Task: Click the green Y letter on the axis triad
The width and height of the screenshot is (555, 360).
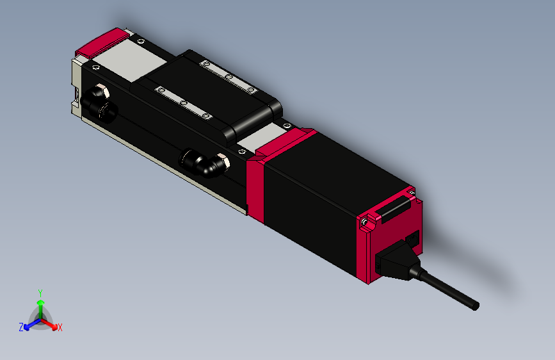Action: coord(40,292)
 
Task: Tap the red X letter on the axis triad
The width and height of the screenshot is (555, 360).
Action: coord(60,327)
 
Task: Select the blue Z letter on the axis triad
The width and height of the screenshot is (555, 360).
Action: coord(21,327)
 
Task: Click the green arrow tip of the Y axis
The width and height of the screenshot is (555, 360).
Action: coord(40,301)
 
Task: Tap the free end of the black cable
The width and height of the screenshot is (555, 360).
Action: coord(475,307)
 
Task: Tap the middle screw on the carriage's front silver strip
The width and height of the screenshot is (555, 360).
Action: coord(183,103)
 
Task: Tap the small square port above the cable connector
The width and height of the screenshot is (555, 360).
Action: coord(414,238)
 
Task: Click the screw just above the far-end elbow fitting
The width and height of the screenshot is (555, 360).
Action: coord(97,67)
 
